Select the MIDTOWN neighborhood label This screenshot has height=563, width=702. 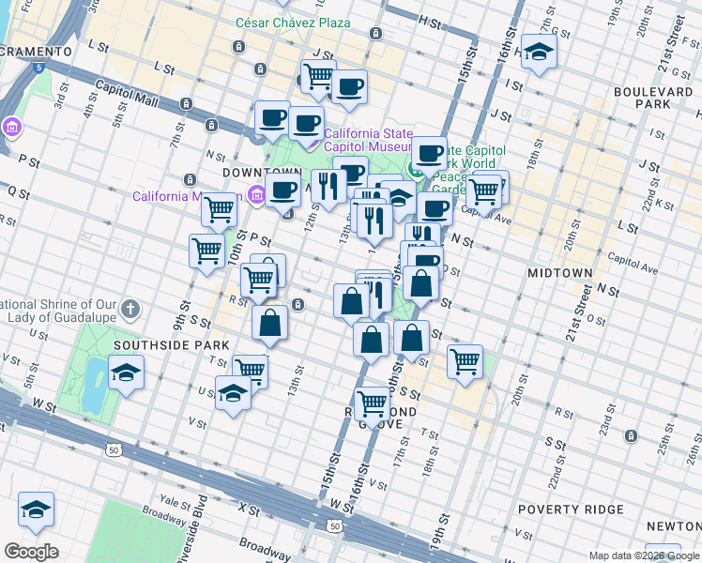(x=559, y=273)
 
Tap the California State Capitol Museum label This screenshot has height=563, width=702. (x=368, y=140)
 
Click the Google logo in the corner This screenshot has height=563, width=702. (x=31, y=552)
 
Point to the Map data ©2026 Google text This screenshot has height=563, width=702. (x=644, y=555)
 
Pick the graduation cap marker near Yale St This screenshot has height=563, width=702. (x=36, y=510)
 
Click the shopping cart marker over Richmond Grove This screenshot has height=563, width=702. (x=373, y=403)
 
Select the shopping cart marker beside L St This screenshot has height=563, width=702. (x=318, y=76)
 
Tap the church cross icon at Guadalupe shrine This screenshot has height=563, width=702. (x=131, y=308)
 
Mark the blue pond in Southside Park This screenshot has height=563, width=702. (x=94, y=386)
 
